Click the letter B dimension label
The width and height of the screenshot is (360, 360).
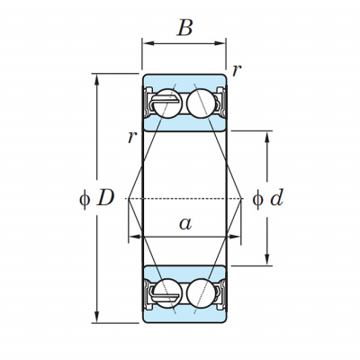(184, 28)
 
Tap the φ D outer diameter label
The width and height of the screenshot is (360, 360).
(96, 199)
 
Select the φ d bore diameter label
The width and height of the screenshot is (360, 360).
(268, 198)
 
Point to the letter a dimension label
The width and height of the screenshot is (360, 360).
(185, 223)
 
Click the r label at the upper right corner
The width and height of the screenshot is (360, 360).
(237, 71)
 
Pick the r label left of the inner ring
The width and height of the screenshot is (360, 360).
(132, 138)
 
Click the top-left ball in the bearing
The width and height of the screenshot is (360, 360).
(167, 103)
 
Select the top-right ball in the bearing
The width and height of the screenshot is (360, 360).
(201, 103)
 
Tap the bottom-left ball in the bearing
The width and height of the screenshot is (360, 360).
(167, 293)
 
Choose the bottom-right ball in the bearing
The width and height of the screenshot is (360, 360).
(201, 293)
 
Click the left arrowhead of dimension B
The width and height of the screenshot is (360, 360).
(148, 43)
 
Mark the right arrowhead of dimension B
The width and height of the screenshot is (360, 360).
(220, 43)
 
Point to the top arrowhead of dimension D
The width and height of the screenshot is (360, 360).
(96, 80)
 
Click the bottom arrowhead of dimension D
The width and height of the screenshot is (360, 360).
(96, 317)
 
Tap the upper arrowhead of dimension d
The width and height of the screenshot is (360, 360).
(267, 137)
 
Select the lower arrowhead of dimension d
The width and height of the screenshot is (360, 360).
(267, 259)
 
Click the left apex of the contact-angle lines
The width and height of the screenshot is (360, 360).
(128, 199)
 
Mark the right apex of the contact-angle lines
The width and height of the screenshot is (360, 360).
(241, 199)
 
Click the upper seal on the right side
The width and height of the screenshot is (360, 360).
(221, 103)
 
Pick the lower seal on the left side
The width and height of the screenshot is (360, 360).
(148, 294)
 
